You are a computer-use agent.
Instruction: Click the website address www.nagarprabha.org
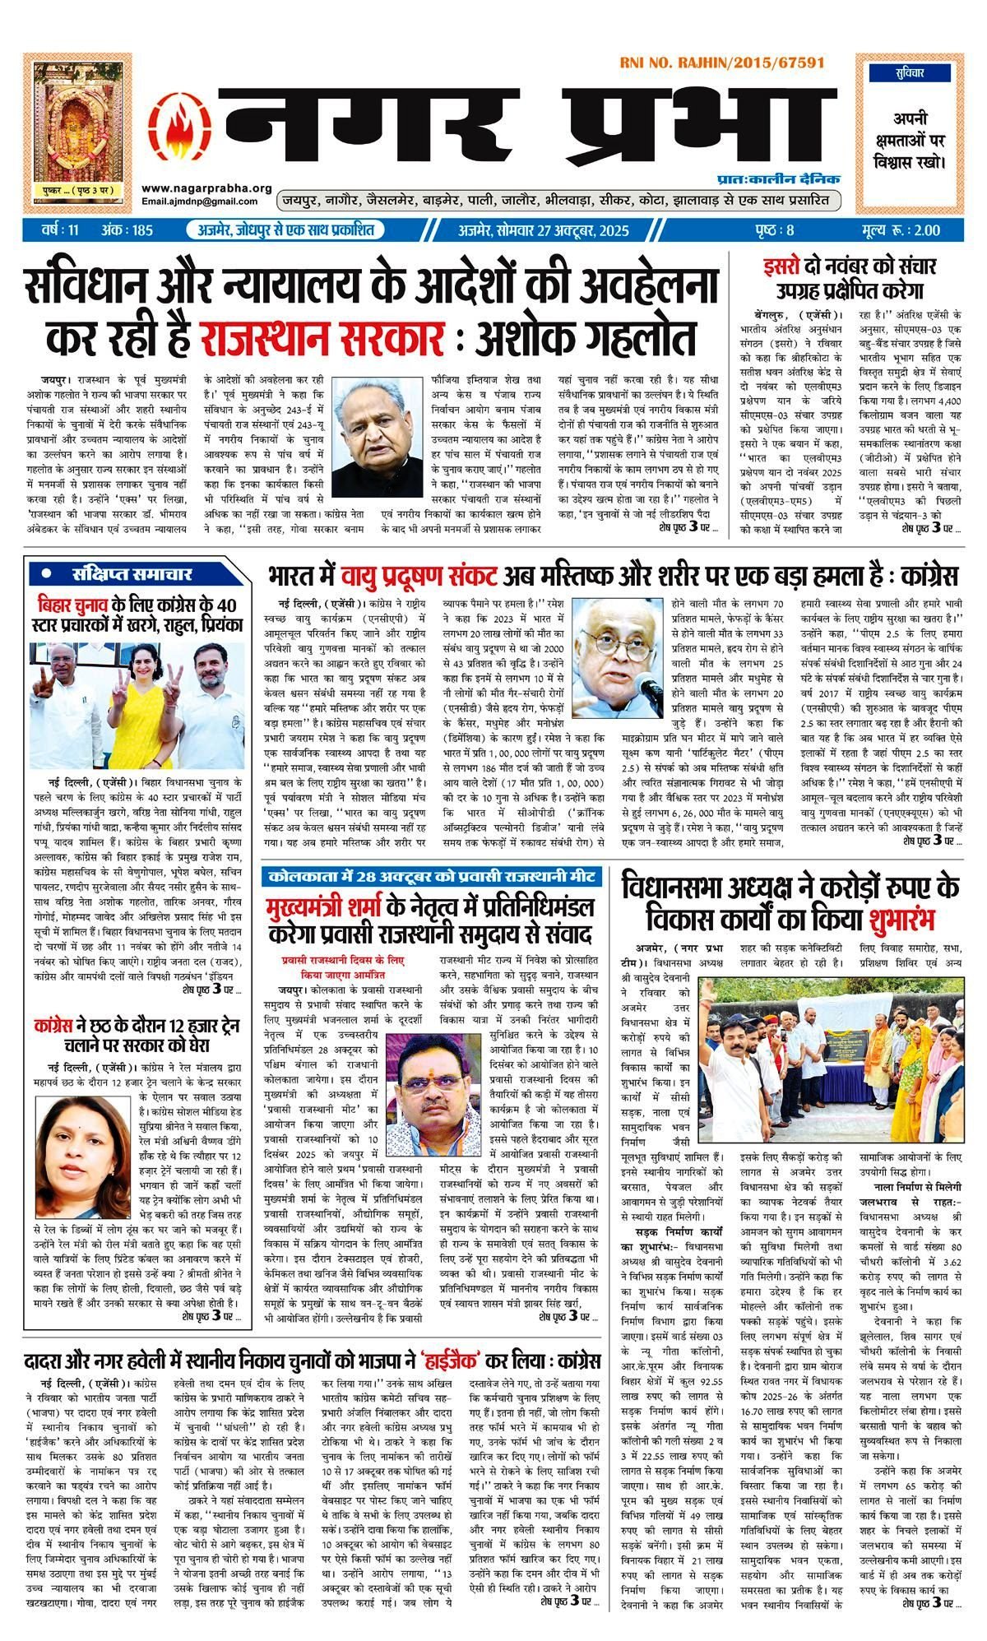coord(206,188)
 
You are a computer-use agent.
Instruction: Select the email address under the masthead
coord(206,202)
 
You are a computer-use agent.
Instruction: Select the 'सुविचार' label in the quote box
coord(911,72)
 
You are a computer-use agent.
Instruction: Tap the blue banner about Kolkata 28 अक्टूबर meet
coord(431,875)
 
